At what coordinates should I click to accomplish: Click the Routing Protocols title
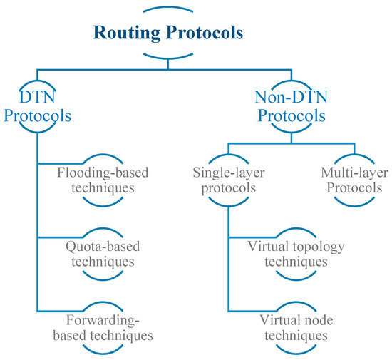(x=166, y=33)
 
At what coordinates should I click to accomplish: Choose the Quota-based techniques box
(x=105, y=254)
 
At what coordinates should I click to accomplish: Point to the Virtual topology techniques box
(x=296, y=254)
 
